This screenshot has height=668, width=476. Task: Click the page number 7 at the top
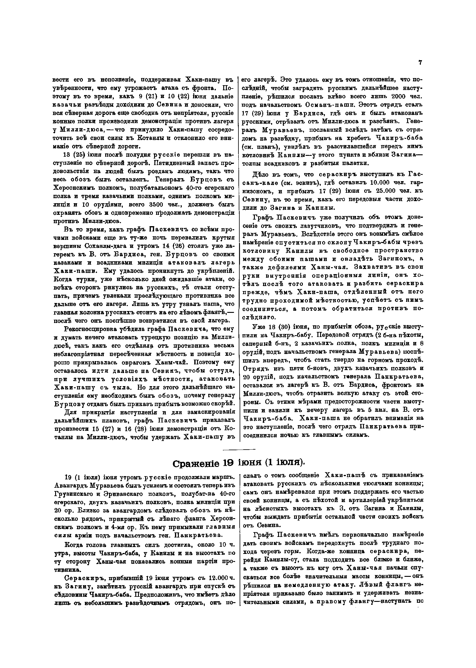pyautogui.click(x=420, y=63)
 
